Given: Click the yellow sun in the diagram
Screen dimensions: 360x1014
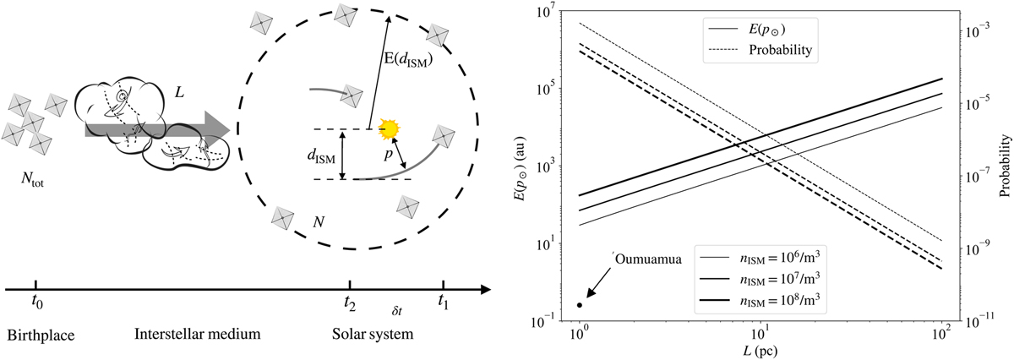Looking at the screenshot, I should point(389,129).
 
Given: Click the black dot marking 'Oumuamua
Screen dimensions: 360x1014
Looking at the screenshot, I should point(580,304).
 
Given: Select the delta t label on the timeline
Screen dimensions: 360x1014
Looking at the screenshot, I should point(397,311).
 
